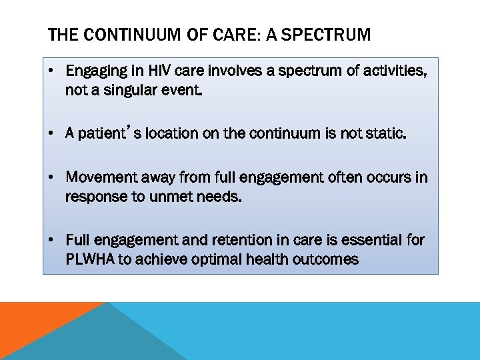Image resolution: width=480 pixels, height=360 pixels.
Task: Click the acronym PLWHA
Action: pos(90,259)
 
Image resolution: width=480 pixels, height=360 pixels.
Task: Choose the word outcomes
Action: pos(327,259)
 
